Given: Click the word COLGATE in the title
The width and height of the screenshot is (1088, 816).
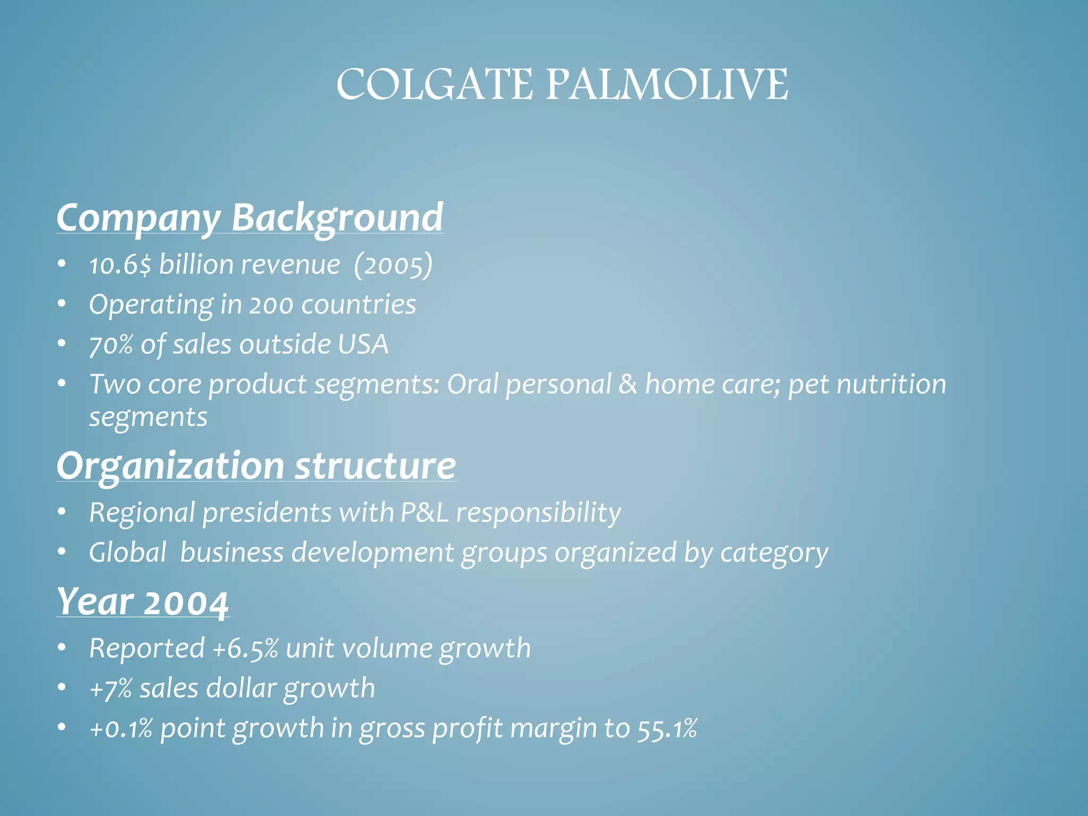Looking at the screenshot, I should [x=434, y=85].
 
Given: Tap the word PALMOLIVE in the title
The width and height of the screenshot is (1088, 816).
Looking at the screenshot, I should [x=667, y=85].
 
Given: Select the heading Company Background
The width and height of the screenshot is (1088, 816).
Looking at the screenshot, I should [x=250, y=218].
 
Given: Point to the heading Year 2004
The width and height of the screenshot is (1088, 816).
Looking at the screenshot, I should [x=142, y=603].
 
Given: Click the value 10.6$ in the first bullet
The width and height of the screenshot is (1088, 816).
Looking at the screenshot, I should [x=120, y=265].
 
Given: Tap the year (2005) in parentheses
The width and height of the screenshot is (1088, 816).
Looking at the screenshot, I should [x=393, y=265].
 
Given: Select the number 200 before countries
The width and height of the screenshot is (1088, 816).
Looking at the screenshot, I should [x=271, y=305].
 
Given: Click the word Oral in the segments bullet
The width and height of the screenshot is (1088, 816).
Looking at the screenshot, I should [x=472, y=384].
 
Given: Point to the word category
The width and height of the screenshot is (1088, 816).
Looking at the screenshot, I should [x=774, y=553].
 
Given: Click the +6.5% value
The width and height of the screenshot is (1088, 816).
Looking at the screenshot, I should [x=245, y=649].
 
